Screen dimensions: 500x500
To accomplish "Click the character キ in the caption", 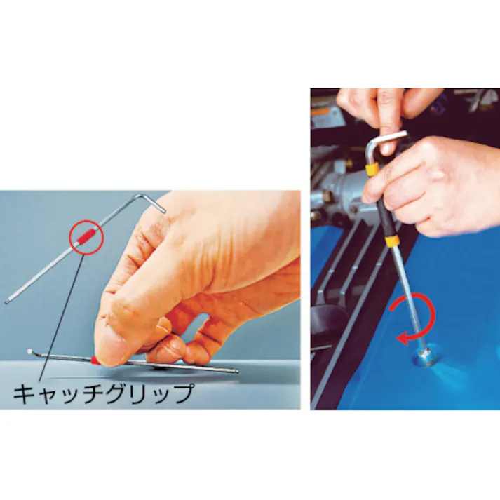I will point(24,393).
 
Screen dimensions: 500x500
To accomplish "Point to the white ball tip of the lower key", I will point(29,351).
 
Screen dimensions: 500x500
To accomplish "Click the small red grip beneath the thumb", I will point(93,360).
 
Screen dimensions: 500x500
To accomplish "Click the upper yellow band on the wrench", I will point(374,170).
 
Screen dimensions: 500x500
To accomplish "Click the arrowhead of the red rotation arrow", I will point(401,339).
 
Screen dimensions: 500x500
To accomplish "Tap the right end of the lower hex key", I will point(236,372).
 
